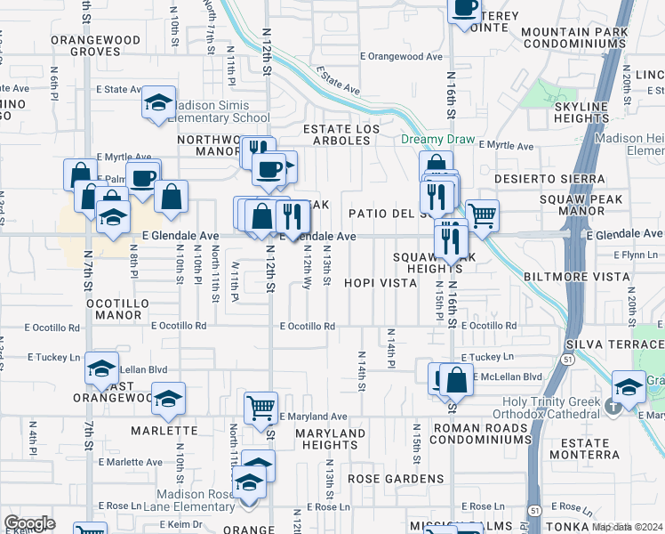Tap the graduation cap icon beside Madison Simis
click(x=158, y=104)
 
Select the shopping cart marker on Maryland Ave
click(x=260, y=409)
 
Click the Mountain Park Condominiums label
click(x=574, y=38)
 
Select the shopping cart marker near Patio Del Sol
click(x=482, y=214)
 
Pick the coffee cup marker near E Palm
click(x=142, y=178)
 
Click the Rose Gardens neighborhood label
click(x=395, y=479)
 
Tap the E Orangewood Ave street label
click(x=401, y=56)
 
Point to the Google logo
click(x=29, y=523)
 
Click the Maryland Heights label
click(x=329, y=439)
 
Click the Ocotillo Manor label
click(x=116, y=309)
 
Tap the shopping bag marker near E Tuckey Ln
click(x=456, y=380)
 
